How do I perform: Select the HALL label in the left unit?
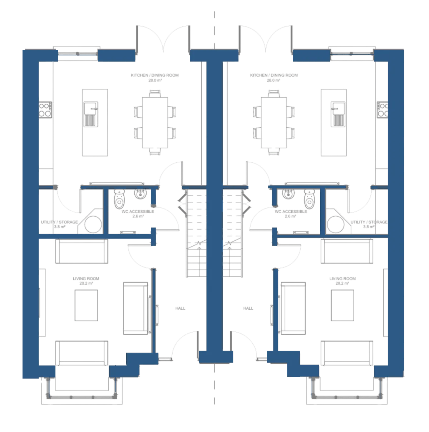[180, 308]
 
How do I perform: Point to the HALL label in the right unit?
[248, 308]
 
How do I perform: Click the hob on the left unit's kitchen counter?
[45, 110]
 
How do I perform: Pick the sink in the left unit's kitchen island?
[91, 114]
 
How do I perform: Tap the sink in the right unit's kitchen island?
[338, 114]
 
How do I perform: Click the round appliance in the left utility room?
[93, 225]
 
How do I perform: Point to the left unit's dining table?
[155, 122]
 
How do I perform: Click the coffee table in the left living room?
[86, 305]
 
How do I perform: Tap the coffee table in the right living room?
[342, 305]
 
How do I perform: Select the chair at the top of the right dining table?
[274, 93]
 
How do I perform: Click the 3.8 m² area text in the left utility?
[60, 227]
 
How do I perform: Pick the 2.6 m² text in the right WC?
[291, 216]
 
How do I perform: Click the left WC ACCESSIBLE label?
[138, 211]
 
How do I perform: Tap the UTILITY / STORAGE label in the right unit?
[369, 222]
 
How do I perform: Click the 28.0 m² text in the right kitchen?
[273, 80]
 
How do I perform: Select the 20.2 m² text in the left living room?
[86, 283]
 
